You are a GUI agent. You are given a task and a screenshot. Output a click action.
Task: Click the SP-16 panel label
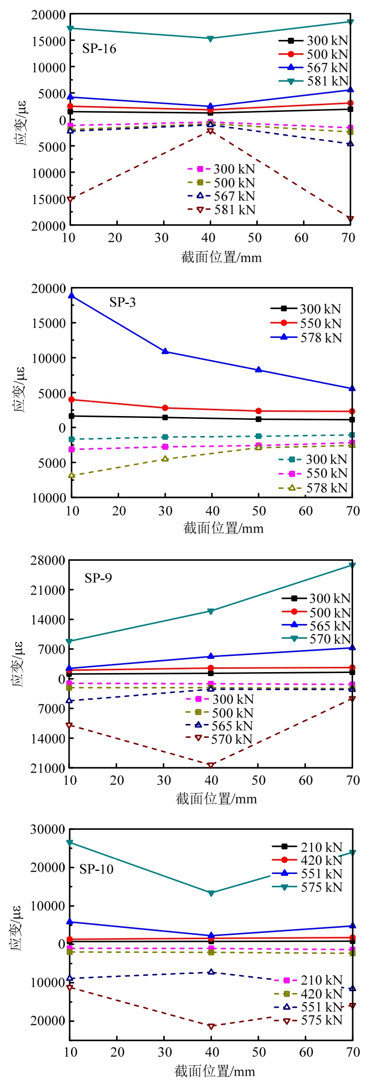point(99,49)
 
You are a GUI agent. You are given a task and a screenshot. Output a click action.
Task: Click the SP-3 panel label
point(122,302)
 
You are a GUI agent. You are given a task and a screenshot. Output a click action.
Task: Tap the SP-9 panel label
point(98,578)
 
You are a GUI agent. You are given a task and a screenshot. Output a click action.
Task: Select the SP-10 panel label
point(96,869)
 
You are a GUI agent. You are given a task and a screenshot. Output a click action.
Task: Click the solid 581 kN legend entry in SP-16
point(314,81)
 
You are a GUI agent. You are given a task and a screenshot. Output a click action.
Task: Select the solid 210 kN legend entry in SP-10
point(308,847)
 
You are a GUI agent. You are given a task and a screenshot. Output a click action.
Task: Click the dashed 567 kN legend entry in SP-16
point(223,196)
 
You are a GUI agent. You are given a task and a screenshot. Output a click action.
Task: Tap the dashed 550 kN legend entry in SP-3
point(314,474)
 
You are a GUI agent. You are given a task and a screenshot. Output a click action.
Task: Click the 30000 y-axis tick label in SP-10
point(48,829)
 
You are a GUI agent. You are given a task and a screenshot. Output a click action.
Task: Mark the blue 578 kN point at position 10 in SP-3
point(71,296)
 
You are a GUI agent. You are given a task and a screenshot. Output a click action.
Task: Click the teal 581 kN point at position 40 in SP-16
point(210,39)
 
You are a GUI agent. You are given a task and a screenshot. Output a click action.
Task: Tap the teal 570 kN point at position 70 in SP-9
point(352,565)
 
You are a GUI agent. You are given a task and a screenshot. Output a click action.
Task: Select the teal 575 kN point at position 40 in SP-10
point(211,893)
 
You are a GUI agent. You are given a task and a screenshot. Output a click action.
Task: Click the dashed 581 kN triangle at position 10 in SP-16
point(70,199)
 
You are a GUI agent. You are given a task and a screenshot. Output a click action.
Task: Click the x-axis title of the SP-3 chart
point(223,528)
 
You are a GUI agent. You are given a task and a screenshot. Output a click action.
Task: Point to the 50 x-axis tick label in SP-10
point(259,1052)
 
